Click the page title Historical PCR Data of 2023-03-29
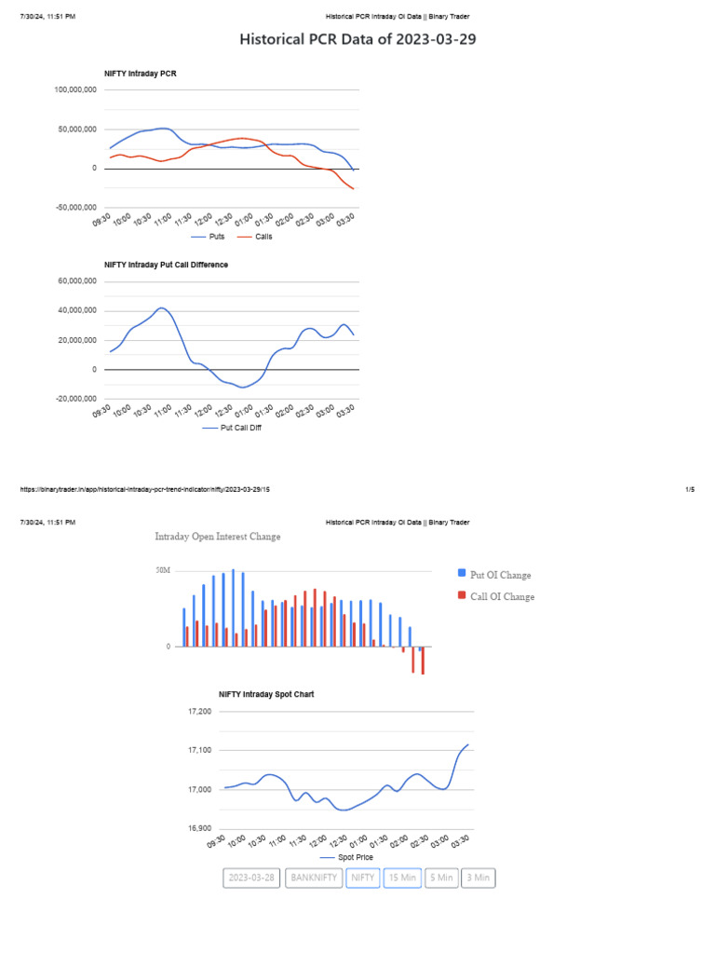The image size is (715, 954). coord(357,40)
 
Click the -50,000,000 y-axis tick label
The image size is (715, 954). coord(76,207)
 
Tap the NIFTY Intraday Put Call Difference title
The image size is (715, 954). coord(166,265)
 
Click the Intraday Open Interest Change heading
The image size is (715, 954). coord(217,537)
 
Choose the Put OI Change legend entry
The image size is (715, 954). coord(500,575)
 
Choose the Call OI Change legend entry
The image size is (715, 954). coord(502,596)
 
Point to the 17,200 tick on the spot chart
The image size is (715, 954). coord(199,712)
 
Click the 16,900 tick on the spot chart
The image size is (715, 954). coord(199,828)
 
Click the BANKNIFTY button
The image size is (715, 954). coord(314,878)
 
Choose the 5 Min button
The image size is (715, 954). coord(441,878)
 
